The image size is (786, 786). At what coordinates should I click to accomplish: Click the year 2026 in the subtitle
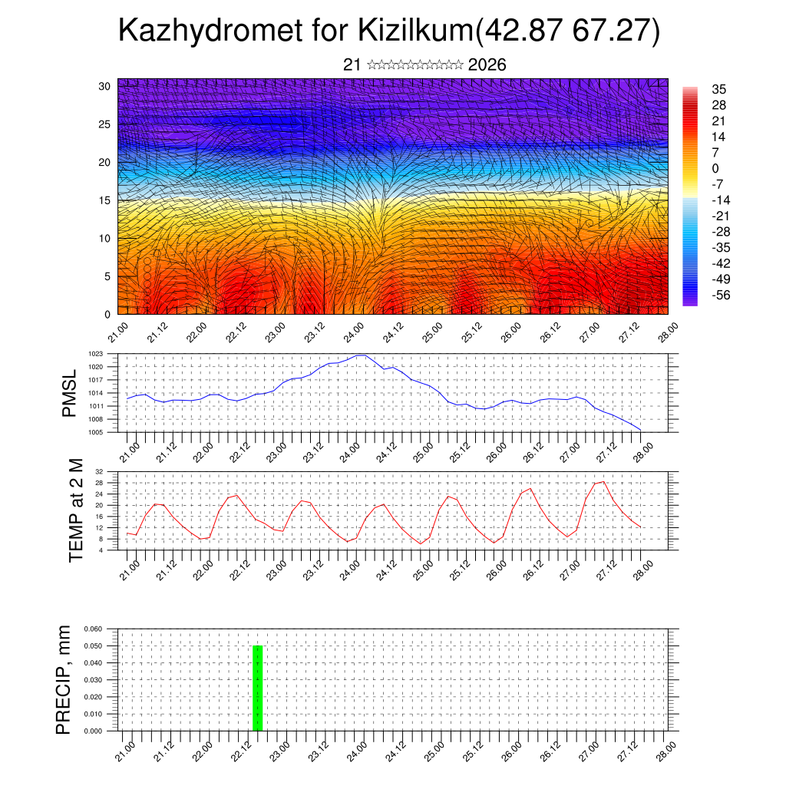(487, 65)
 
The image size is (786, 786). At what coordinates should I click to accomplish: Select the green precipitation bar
(258, 688)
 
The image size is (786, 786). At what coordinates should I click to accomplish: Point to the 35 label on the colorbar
(719, 89)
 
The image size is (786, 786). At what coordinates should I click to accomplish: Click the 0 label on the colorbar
(715, 168)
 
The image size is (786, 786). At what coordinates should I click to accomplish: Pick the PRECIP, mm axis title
(64, 679)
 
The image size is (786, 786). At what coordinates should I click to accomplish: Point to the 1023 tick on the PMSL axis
(96, 355)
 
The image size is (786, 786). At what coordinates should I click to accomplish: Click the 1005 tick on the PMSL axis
(96, 432)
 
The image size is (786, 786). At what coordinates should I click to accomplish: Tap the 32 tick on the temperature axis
(99, 471)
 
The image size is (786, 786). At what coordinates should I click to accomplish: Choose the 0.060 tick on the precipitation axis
(93, 629)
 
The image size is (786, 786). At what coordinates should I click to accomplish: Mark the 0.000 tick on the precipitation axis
(93, 732)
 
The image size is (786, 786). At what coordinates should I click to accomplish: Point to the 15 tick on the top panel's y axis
(105, 200)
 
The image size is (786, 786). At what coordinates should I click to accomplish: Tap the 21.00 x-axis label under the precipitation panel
(126, 750)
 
